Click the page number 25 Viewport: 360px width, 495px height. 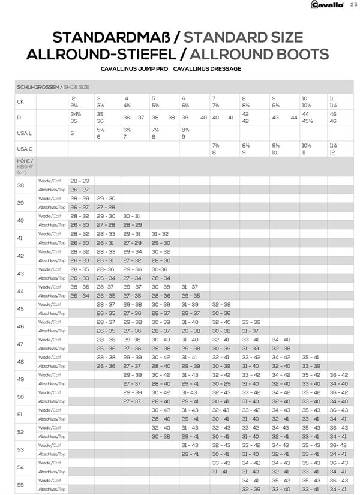click(353, 5)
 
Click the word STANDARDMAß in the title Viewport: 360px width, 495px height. click(110, 37)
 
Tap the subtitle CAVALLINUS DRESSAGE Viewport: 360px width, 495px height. click(207, 69)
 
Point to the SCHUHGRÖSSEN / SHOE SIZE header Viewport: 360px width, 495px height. click(53, 87)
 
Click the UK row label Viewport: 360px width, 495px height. click(21, 101)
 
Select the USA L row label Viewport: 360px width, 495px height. click(24, 133)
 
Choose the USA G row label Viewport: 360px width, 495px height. click(25, 148)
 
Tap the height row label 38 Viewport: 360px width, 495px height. click(21, 185)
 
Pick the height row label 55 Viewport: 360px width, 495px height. click(21, 485)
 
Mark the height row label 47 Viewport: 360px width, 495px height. click(21, 344)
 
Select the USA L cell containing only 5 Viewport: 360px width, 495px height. click(73, 133)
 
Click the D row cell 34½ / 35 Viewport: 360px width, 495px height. click(76, 116)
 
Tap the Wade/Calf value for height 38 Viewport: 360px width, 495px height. click(80, 181)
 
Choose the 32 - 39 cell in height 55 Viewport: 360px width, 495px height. click(251, 490)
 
